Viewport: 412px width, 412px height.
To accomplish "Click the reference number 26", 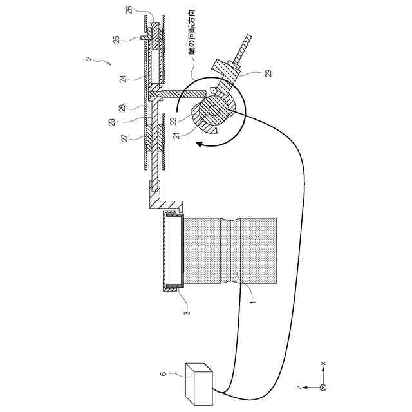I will pos(128,9).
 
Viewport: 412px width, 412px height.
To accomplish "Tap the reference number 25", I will pos(116,39).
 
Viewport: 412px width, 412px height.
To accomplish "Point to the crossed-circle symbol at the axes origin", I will pos(323,388).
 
